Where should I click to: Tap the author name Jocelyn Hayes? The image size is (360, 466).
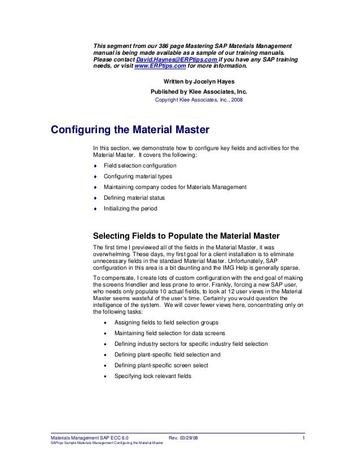coord(214,81)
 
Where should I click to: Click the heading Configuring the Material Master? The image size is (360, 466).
coord(130,130)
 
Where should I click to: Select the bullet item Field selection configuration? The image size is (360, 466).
coord(140,166)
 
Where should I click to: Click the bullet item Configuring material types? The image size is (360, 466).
coord(138,177)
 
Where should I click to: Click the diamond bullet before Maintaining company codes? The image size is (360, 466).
coord(95,187)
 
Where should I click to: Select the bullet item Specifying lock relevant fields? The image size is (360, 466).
coord(153,376)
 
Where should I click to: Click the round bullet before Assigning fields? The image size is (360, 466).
coord(106,323)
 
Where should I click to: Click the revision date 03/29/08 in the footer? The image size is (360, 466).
coord(189,438)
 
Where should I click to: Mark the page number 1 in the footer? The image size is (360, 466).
coord(304,438)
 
